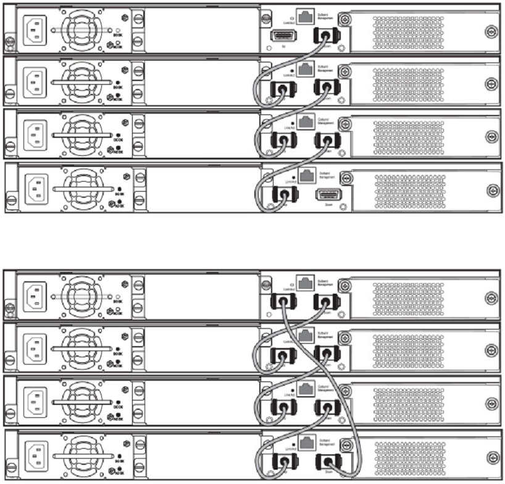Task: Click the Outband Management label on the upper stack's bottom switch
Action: (327, 176)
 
